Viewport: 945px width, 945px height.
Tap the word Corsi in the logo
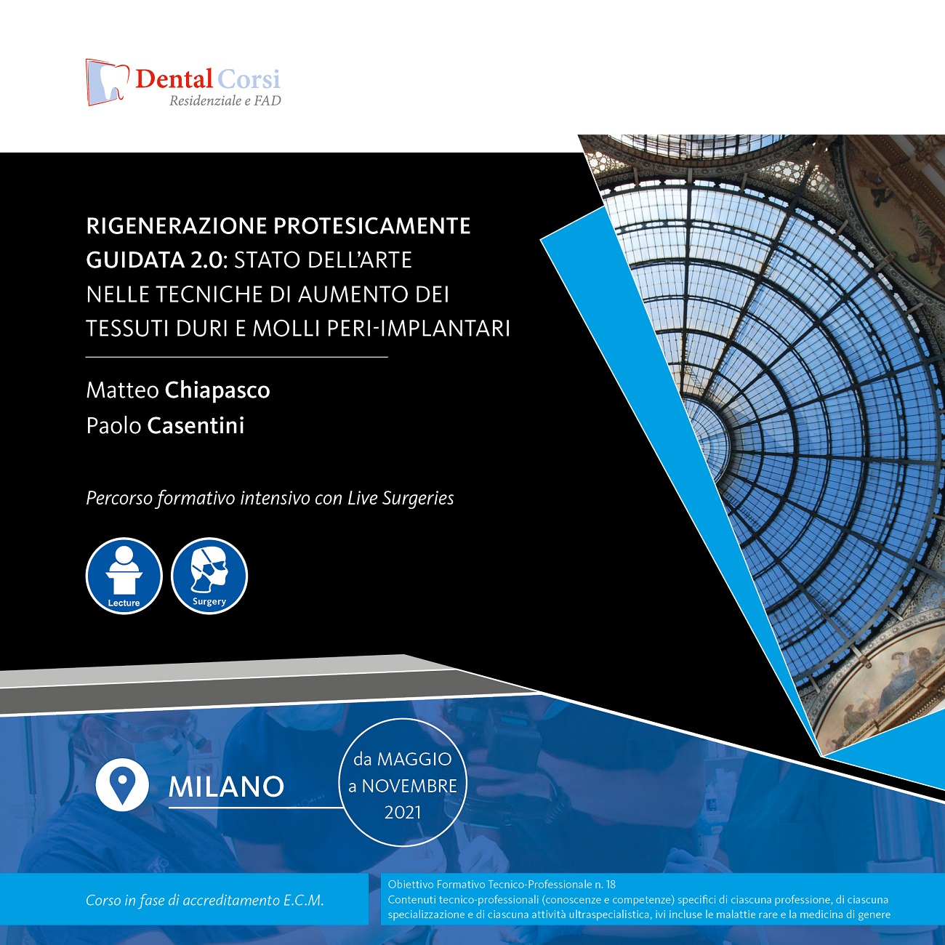tap(249, 79)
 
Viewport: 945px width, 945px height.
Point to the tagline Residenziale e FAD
tap(225, 101)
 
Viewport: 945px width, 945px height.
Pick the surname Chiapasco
tap(217, 390)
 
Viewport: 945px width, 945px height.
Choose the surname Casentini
tap(196, 425)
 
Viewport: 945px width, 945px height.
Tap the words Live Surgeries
tap(401, 498)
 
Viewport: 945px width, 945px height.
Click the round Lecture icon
tap(124, 576)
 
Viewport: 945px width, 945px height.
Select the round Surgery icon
tap(209, 576)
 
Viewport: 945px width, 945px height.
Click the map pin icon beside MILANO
tap(122, 784)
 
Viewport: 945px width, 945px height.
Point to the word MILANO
tap(226, 787)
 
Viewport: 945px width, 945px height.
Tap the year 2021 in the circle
tap(403, 812)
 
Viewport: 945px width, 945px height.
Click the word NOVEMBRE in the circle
tap(409, 786)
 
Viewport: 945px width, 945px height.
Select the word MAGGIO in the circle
tap(414, 759)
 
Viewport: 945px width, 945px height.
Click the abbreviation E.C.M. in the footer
tap(303, 900)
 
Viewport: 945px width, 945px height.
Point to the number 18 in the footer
tap(610, 885)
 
